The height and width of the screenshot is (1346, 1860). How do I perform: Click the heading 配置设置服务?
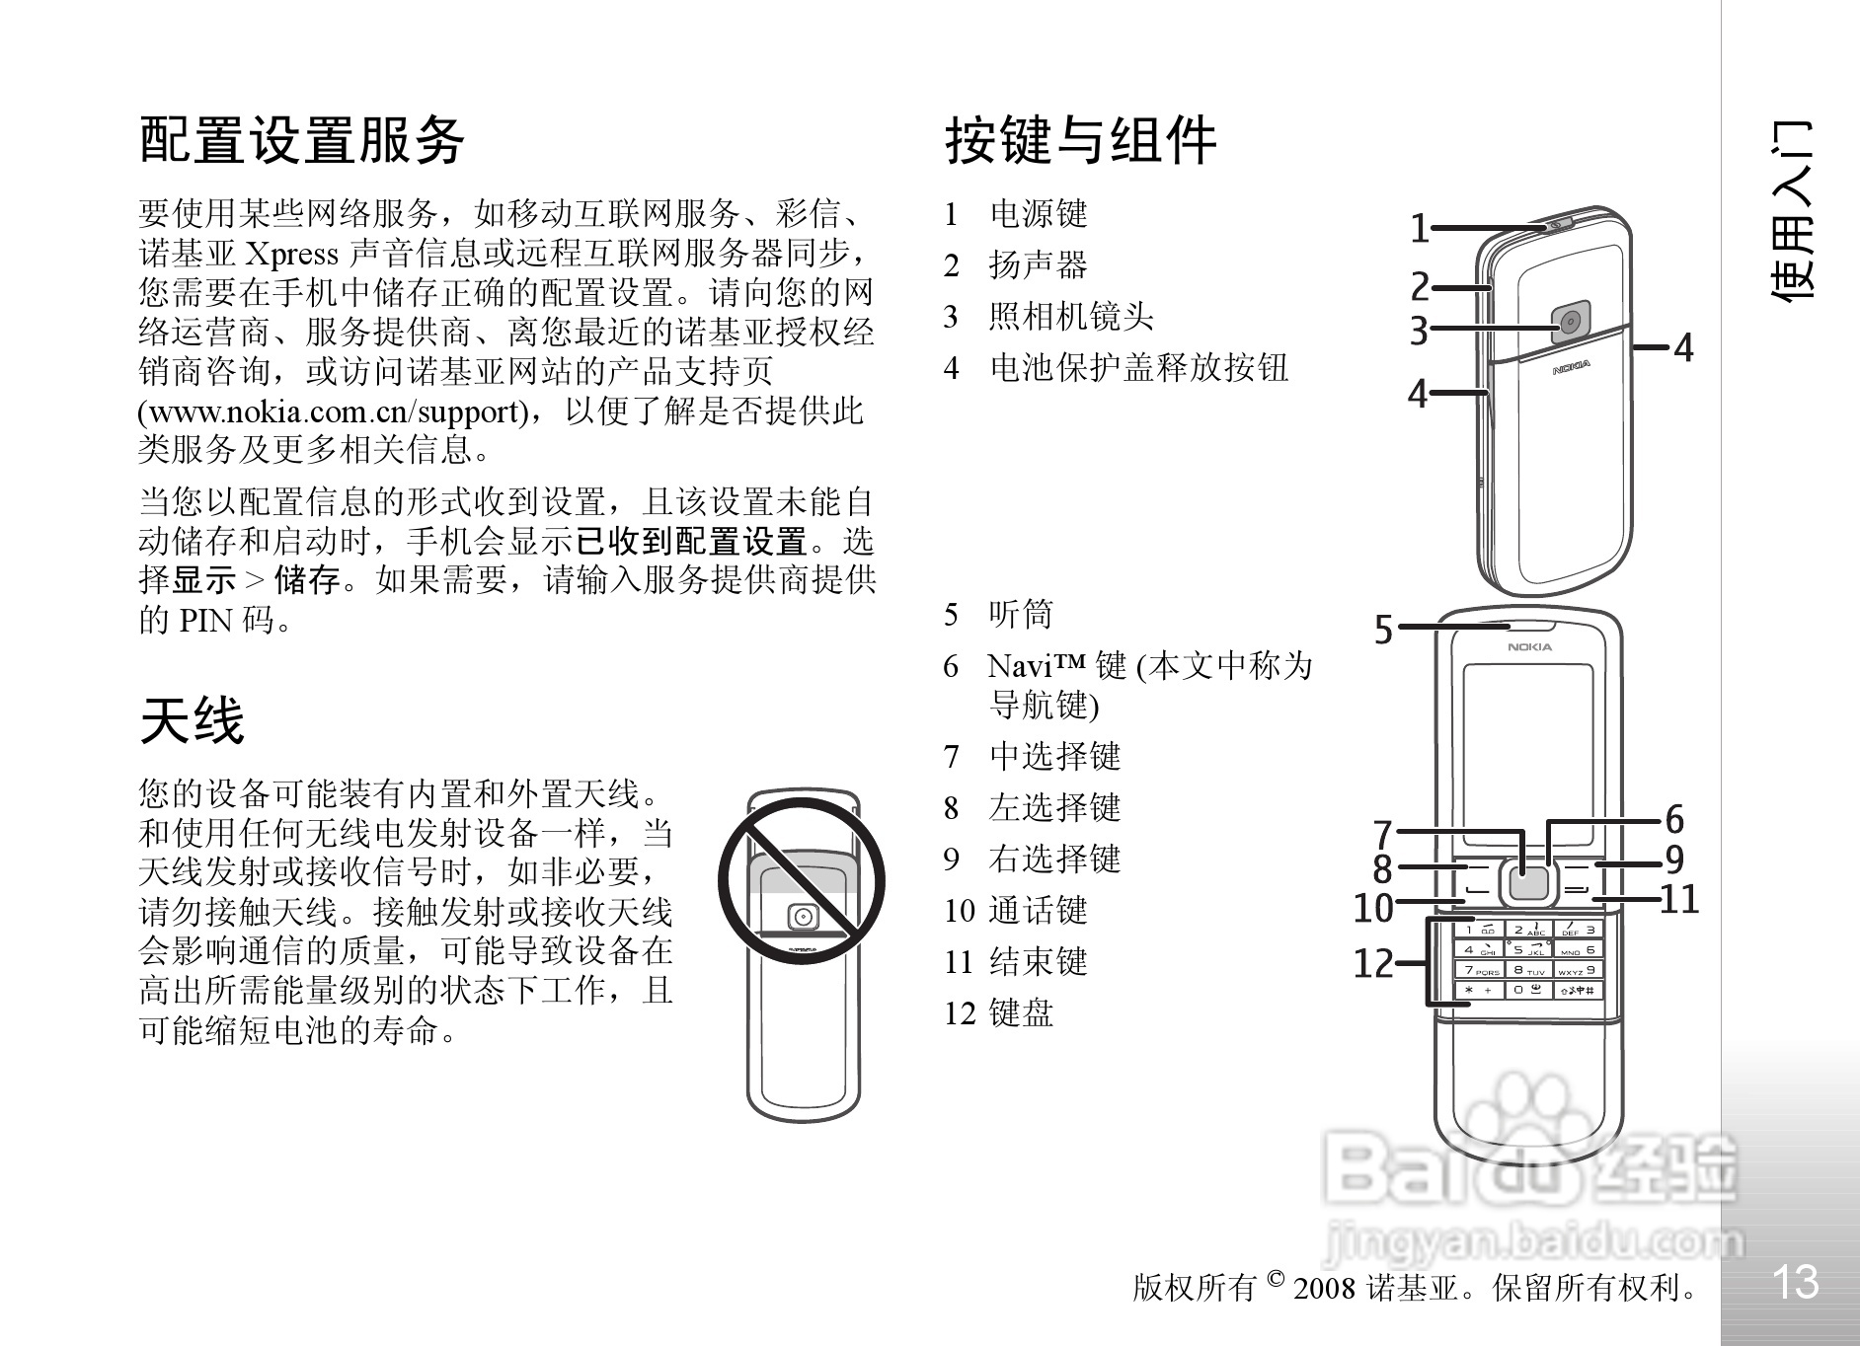point(301,139)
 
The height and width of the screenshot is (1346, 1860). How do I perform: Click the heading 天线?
point(192,720)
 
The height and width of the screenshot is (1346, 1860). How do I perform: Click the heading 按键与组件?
point(1081,139)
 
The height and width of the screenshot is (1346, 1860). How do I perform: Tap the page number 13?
point(1794,1282)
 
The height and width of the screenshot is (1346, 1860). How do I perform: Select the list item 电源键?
point(1038,214)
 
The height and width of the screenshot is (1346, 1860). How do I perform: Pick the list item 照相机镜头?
point(1070,317)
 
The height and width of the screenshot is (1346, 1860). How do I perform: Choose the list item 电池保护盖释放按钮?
point(1138,368)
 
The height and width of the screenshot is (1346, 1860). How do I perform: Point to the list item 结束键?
point(1038,961)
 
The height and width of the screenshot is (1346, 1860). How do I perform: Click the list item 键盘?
point(1021,1012)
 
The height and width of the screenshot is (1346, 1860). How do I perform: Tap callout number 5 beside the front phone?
point(1383,630)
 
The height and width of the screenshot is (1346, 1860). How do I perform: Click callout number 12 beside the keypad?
point(1372,963)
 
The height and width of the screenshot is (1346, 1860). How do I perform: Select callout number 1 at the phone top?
point(1419,229)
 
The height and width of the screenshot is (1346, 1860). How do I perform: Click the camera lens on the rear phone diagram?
point(1570,322)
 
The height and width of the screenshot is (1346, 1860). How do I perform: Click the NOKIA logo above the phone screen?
point(1528,647)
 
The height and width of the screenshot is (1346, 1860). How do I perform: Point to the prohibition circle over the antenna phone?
point(801,881)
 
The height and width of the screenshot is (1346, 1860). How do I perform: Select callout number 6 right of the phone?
point(1674,819)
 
